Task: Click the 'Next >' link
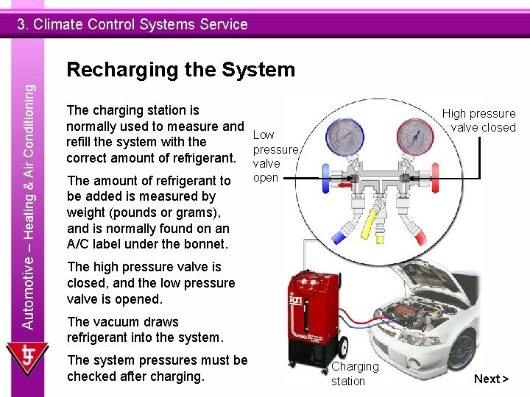[491, 379]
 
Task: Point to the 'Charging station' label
[355, 373]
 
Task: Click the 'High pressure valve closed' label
[479, 120]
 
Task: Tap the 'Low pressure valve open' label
[274, 156]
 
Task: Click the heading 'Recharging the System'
[180, 70]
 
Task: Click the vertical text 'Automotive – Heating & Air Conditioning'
[28, 206]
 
